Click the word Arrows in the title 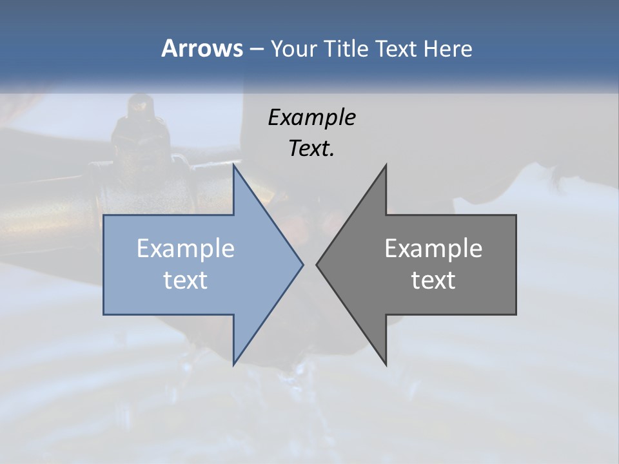tap(201, 48)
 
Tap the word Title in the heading tap(348, 48)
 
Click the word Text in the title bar tap(397, 48)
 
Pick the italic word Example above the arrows tap(311, 118)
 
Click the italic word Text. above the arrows tap(311, 149)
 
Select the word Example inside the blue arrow tap(186, 248)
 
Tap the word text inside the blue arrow tap(186, 280)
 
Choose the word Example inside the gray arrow tap(433, 248)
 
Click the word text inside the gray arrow tap(433, 280)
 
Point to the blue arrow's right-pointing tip tap(302, 264)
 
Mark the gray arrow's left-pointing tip tap(318, 264)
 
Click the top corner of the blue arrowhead tap(234, 166)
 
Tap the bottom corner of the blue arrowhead tap(234, 363)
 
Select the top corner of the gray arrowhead tap(386, 166)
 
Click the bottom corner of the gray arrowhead tap(386, 363)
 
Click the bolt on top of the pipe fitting tap(137, 106)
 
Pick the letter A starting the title tap(169, 48)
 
